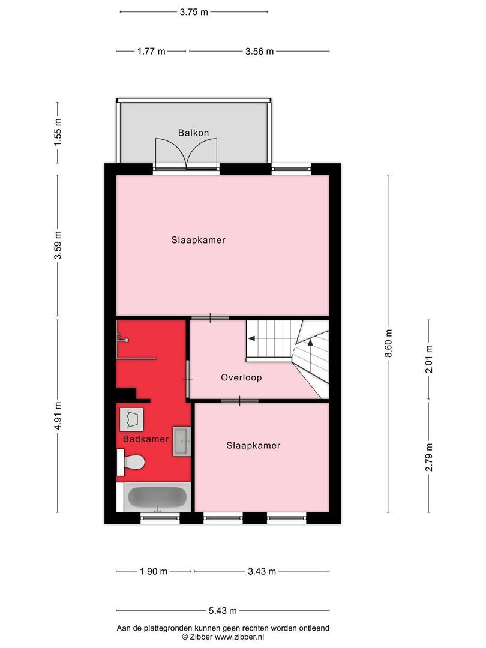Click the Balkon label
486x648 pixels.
(x=193, y=133)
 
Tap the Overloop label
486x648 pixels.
(x=241, y=378)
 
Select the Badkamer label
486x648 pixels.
(x=146, y=439)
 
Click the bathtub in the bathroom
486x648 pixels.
(x=158, y=497)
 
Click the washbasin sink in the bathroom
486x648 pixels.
(x=182, y=442)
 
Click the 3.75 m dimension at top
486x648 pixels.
(x=194, y=12)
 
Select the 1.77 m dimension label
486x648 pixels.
(x=151, y=52)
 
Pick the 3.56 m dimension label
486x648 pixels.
(x=259, y=52)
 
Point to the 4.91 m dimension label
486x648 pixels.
(x=58, y=416)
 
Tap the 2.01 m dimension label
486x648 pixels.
(x=428, y=359)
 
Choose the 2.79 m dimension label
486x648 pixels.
(x=428, y=457)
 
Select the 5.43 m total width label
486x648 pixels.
(x=223, y=611)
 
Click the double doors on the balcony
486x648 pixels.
(x=186, y=154)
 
